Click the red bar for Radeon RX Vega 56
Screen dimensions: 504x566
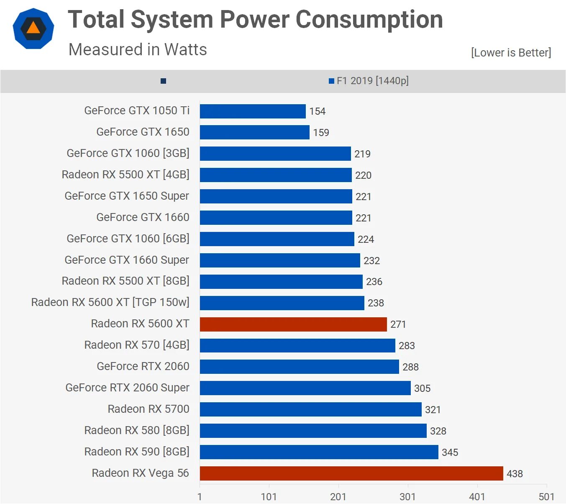(x=351, y=473)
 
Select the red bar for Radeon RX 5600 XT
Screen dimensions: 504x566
(x=293, y=324)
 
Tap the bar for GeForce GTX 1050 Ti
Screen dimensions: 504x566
(x=253, y=111)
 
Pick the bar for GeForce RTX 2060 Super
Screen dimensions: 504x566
(x=305, y=388)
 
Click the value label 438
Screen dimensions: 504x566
(x=515, y=474)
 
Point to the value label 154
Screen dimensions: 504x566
(x=317, y=111)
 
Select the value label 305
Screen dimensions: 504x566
(x=422, y=388)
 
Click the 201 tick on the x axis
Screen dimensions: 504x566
(x=338, y=497)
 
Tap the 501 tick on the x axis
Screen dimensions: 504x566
(x=546, y=497)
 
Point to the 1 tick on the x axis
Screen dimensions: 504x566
(x=200, y=497)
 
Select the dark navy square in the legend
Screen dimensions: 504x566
(x=164, y=81)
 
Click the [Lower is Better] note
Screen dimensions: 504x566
(x=511, y=53)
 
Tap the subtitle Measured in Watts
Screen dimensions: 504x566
(x=138, y=49)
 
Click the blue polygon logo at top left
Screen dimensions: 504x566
(x=33, y=28)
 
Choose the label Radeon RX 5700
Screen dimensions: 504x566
(x=149, y=409)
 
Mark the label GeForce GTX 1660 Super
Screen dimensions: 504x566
(x=127, y=260)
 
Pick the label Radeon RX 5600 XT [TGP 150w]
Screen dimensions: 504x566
(x=110, y=302)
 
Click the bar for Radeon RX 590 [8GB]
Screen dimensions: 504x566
(x=319, y=452)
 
